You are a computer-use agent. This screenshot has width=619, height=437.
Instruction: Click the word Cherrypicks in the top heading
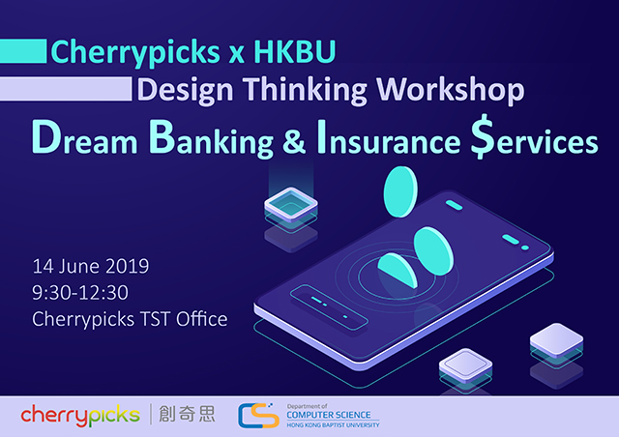click(x=135, y=52)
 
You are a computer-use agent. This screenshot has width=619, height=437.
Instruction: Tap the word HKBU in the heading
click(x=294, y=51)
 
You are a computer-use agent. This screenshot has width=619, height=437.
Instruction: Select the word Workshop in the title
click(x=451, y=91)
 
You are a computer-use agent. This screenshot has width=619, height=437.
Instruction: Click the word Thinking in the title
click(x=305, y=91)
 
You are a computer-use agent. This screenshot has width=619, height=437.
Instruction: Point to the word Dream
click(x=84, y=138)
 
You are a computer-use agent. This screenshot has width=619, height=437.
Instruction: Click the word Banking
click(x=211, y=138)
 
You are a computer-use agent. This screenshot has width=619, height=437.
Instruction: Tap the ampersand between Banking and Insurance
click(x=294, y=141)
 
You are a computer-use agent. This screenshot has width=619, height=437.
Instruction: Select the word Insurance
click(x=389, y=138)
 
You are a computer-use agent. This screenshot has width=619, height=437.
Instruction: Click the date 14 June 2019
click(x=91, y=266)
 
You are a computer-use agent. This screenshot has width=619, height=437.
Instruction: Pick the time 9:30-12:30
click(x=80, y=293)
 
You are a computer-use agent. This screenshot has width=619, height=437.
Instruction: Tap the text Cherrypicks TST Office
click(x=130, y=319)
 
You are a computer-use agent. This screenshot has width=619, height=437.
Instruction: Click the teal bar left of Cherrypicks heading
click(x=23, y=51)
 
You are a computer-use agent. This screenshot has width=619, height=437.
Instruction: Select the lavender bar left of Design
click(x=66, y=89)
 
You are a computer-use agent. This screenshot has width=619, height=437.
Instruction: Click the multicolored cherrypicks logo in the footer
click(x=80, y=416)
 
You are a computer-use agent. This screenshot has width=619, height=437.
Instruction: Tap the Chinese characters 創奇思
click(x=187, y=414)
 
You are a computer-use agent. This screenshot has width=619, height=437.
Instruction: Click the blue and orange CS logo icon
click(x=258, y=416)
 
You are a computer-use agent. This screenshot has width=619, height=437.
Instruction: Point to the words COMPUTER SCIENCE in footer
click(x=329, y=415)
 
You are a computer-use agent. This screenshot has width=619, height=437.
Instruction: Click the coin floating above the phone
click(x=400, y=191)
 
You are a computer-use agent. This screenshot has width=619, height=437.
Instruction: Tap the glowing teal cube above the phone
click(x=291, y=205)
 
